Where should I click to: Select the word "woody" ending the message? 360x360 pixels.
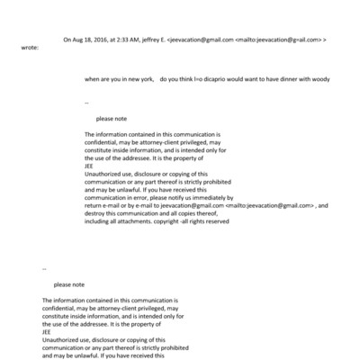point(319,79)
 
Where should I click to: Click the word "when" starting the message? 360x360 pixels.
point(92,79)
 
